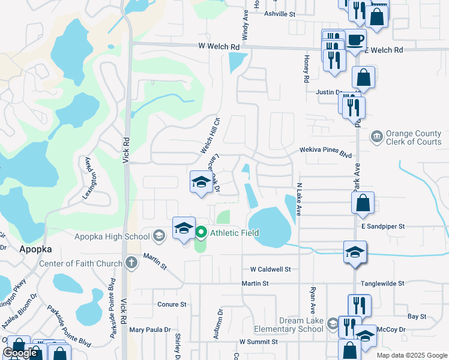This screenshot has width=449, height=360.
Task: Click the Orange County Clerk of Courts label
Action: [x=414, y=138]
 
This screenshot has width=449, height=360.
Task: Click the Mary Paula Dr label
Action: [x=150, y=329]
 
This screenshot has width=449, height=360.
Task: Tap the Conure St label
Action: [x=172, y=304]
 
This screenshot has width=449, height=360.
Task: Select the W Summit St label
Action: [x=258, y=341]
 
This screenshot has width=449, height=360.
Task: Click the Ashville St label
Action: [x=279, y=13]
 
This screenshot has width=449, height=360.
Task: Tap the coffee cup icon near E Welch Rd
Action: [x=355, y=40]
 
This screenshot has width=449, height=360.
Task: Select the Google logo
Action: [x=20, y=353]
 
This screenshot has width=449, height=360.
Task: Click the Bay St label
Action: [x=417, y=316]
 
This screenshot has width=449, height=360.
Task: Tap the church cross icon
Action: [x=132, y=263]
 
